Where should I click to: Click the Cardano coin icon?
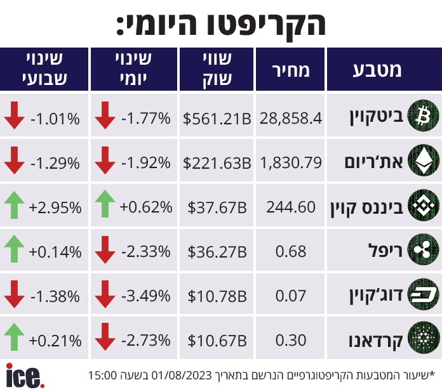422,341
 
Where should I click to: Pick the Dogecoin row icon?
422,296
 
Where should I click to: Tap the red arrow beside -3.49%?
105,296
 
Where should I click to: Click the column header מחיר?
291,70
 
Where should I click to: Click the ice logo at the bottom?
25,375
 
